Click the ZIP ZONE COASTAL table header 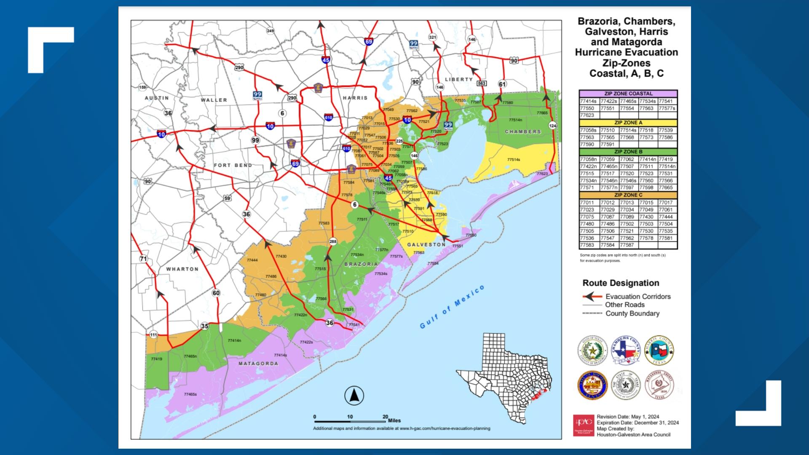(628, 94)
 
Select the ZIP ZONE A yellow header (628, 123)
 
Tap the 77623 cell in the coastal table (587, 115)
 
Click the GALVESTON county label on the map (426, 244)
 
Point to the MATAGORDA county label (258, 363)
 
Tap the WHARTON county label (182, 269)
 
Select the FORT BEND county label (233, 165)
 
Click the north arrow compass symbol (354, 396)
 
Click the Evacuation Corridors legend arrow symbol (592, 296)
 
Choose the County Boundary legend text (632, 313)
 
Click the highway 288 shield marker (333, 241)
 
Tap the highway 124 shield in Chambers (552, 126)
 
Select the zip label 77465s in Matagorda (190, 394)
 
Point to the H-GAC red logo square (583, 426)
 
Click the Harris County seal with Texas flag (659, 350)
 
